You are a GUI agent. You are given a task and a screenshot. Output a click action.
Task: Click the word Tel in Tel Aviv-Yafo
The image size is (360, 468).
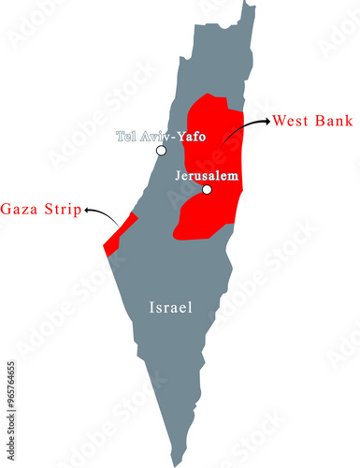point(126,137)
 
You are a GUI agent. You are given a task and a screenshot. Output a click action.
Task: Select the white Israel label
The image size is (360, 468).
point(170,306)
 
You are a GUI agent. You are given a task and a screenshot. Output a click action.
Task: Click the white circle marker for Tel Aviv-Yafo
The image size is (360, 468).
point(162,150)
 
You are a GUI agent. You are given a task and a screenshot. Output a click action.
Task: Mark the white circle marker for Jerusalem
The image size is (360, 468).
point(207,190)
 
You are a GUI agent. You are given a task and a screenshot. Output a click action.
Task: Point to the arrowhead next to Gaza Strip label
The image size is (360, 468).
point(85,212)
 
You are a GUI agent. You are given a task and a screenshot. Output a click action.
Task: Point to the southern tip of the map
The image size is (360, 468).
point(173,462)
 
